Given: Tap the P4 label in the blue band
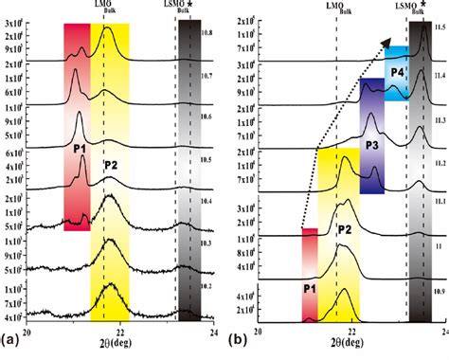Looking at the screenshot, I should click(x=397, y=72).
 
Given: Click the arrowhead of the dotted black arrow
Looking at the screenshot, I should click(x=387, y=41).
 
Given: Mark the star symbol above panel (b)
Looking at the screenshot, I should click(x=428, y=7).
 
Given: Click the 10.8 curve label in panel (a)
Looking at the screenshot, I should click(x=207, y=32).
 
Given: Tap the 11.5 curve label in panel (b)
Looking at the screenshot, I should click(x=437, y=32).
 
